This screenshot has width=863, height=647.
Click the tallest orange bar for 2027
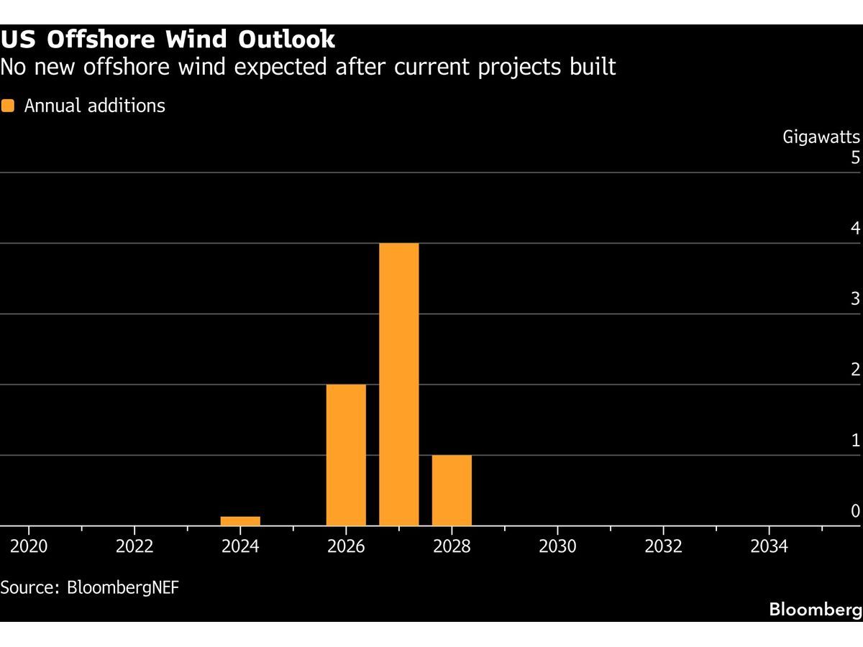398,384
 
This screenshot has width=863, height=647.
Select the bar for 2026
346,455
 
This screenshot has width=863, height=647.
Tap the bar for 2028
452,490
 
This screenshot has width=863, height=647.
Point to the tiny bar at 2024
240,521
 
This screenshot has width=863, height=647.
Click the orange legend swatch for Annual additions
7,106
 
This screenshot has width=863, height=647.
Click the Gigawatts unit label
821,137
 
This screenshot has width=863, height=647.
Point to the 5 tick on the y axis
855,157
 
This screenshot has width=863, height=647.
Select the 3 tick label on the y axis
855,299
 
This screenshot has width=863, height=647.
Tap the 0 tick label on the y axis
855,510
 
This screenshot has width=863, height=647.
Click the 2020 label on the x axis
29,546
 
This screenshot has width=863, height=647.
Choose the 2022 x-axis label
134,546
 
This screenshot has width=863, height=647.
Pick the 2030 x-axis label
557,546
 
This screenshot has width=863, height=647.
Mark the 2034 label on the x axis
769,546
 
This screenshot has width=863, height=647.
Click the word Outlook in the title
287,40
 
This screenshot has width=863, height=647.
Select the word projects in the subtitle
520,67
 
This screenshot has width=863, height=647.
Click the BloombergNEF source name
123,587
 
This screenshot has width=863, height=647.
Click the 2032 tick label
663,546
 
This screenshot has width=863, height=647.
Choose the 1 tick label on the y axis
856,441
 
